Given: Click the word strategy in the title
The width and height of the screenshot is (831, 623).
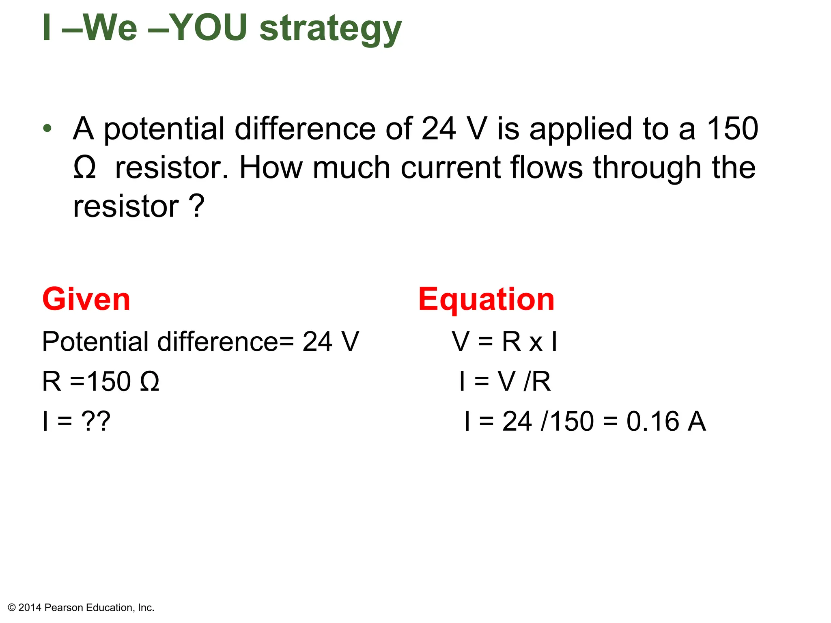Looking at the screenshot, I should (x=330, y=29).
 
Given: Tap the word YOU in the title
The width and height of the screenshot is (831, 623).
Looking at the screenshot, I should (x=208, y=28).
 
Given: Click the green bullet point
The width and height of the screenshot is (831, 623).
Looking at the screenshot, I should (x=47, y=129).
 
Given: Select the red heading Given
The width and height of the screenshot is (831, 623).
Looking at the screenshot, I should (x=86, y=299).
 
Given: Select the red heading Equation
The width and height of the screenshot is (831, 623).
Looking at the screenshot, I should (x=486, y=299).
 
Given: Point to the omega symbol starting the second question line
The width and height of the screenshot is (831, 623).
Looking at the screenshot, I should (x=85, y=168).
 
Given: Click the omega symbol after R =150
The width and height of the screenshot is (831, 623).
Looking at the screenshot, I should (x=149, y=382).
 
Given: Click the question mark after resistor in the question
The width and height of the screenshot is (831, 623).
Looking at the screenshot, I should (x=197, y=206).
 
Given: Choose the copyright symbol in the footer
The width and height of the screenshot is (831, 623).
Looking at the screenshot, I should (x=12, y=608).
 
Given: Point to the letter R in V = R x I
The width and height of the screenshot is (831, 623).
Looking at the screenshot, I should (x=511, y=342).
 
